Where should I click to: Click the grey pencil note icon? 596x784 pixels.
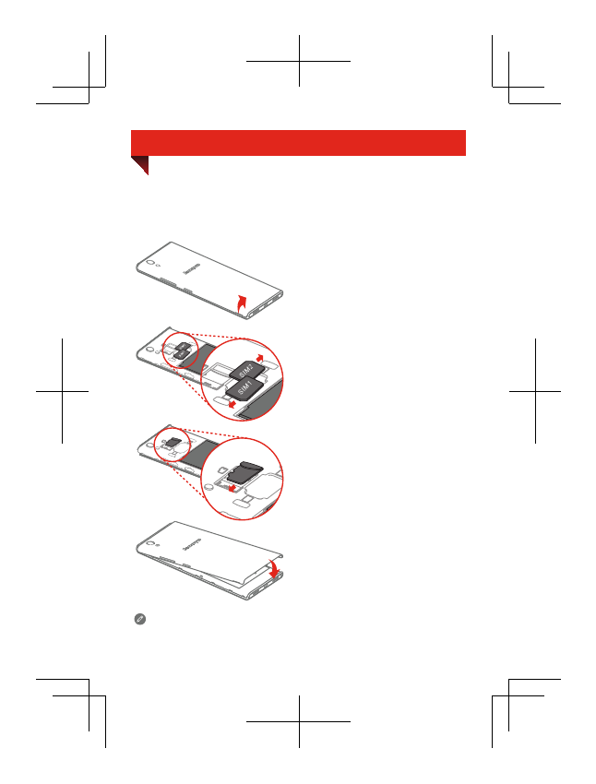point(140,620)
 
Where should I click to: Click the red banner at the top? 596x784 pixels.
point(298,142)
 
